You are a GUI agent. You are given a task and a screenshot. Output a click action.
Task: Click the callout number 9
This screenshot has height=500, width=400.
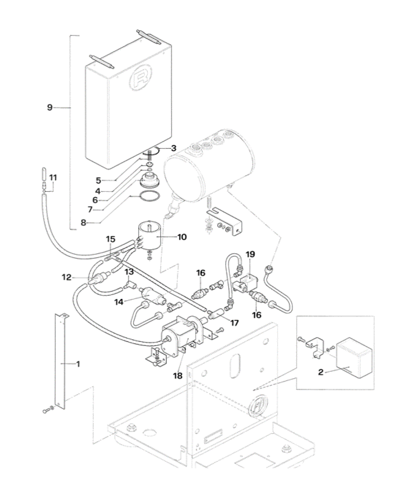pos(50,107)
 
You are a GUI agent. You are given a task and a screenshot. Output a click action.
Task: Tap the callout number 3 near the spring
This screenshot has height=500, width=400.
pos(162,148)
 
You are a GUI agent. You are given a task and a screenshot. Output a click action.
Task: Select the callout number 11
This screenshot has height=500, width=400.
pos(53,177)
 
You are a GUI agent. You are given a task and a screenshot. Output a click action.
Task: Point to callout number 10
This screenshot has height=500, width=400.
pos(182,237)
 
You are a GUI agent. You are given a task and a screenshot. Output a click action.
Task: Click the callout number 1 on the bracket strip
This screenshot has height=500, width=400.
pos(78,364)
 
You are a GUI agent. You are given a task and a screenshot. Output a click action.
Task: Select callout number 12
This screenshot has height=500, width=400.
pos(67,277)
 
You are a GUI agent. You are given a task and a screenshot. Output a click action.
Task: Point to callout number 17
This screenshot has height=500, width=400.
pos(234,323)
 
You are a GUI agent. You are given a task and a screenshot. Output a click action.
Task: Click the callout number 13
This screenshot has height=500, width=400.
pos(129,272)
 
